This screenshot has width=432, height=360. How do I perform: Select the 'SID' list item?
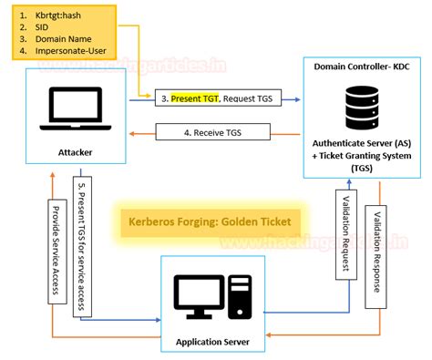[x=43, y=29]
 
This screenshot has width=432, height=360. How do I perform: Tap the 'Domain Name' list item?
[x=63, y=42]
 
